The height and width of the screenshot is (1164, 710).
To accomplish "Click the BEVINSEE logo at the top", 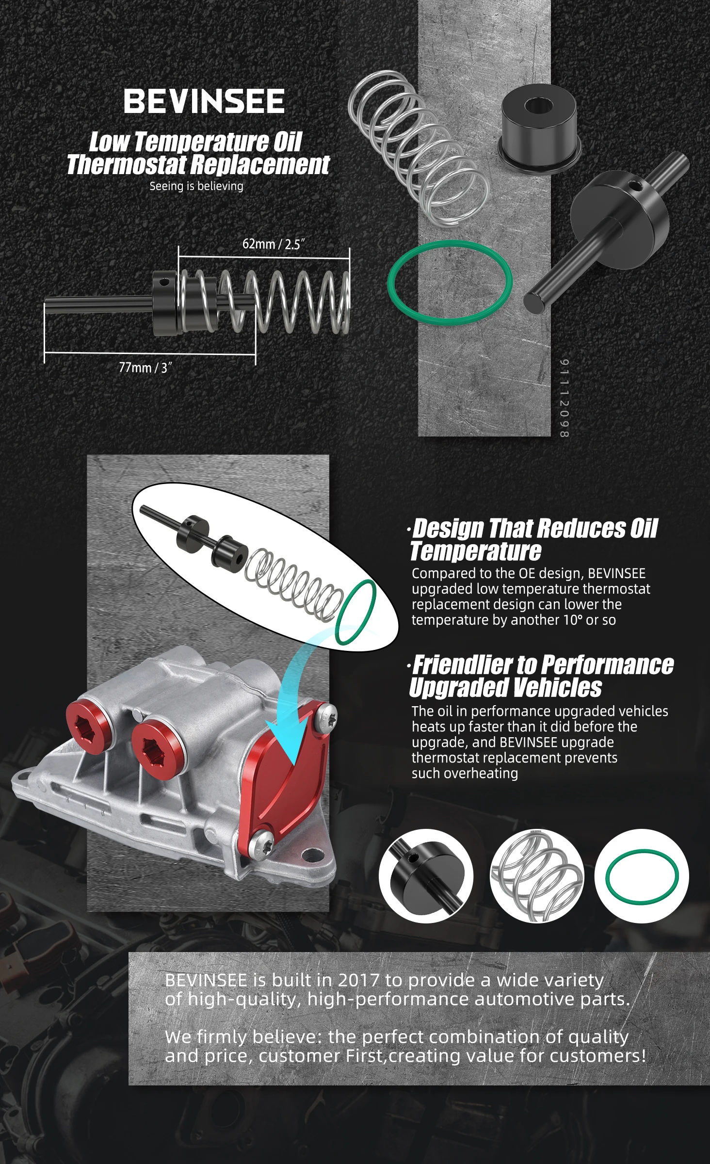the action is click(x=204, y=101).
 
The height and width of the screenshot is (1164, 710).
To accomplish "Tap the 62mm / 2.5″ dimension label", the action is click(x=274, y=243).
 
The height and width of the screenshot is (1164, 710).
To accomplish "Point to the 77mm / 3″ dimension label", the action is click(x=145, y=368).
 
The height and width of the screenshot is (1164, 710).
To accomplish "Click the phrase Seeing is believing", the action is click(x=196, y=186).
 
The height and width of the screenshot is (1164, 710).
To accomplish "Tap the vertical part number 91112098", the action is click(x=564, y=398).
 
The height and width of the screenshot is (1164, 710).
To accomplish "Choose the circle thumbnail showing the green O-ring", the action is click(x=642, y=876).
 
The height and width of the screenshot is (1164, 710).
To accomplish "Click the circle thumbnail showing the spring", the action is click(x=537, y=876).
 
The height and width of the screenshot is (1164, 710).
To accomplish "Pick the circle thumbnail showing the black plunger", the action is click(x=426, y=876).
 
